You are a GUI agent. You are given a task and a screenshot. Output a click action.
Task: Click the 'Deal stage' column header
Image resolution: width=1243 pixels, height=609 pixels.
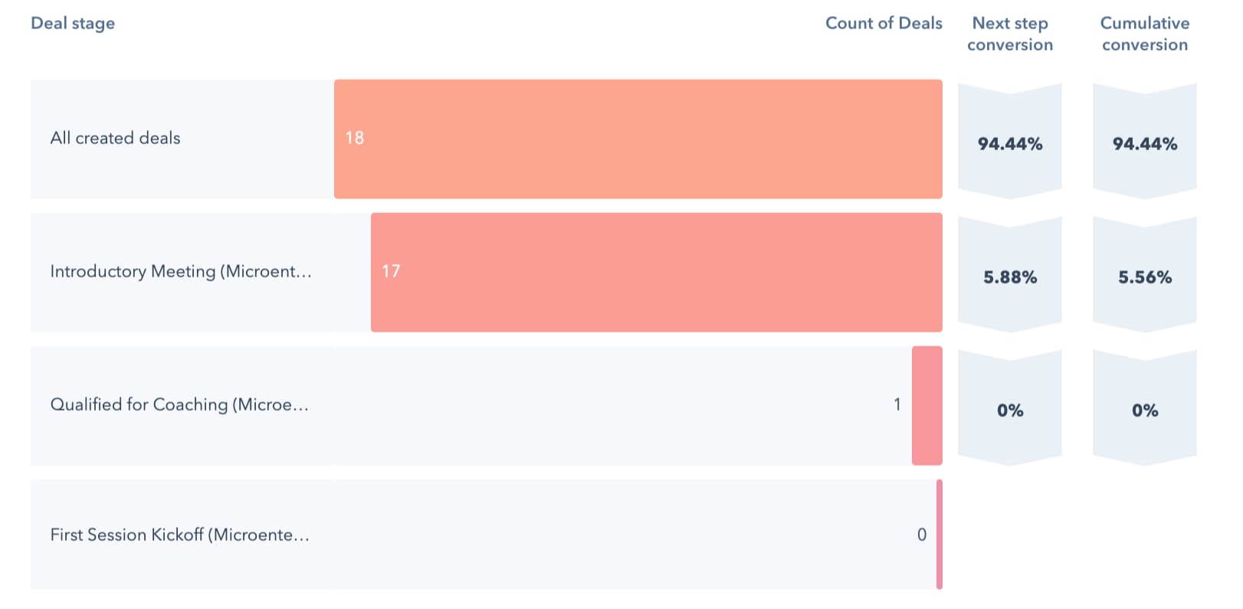(x=73, y=23)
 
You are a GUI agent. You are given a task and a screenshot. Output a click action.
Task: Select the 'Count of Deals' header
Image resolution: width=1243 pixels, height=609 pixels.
(x=883, y=23)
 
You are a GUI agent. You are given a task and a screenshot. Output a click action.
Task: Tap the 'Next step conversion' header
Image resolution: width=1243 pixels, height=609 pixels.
(x=1009, y=34)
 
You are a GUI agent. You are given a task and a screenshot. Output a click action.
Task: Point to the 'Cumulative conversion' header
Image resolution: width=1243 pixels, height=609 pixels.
(x=1144, y=34)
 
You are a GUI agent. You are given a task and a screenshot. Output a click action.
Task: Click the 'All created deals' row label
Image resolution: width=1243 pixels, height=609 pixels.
(x=115, y=138)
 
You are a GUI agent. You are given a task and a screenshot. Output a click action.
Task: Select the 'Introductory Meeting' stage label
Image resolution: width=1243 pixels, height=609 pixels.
(x=181, y=271)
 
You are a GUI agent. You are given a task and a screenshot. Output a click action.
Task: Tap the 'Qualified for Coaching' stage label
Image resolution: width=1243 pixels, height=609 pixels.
(x=179, y=404)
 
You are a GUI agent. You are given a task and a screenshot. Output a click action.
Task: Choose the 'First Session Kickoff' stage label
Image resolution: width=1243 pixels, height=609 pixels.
(x=179, y=535)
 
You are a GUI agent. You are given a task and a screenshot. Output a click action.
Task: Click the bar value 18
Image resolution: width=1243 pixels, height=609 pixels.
(x=354, y=138)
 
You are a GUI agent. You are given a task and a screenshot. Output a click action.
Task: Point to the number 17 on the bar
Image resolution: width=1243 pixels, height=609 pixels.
(x=391, y=271)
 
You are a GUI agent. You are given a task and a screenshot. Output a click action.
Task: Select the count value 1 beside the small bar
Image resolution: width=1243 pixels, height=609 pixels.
(x=897, y=404)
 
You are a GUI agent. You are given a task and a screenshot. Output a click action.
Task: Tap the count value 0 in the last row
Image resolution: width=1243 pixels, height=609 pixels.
(x=921, y=535)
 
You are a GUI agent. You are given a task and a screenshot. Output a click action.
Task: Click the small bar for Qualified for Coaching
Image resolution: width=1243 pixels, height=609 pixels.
(x=927, y=405)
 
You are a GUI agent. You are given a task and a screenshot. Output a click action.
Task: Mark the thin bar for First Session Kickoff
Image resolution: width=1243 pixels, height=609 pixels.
(x=939, y=534)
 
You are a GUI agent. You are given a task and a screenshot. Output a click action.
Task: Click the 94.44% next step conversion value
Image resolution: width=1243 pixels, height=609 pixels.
(x=1009, y=144)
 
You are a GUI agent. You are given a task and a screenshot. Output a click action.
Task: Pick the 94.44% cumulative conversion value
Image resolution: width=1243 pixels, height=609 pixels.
(x=1144, y=144)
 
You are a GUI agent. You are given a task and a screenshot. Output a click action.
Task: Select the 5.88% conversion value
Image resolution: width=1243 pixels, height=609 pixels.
(x=1009, y=277)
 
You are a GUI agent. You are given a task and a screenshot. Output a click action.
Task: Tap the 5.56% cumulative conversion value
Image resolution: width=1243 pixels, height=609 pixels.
(x=1144, y=277)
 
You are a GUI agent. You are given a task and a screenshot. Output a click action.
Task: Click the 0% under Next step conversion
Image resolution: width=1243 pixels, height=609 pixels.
(x=1009, y=411)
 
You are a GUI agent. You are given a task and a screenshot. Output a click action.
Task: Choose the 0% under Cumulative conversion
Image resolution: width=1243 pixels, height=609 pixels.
(x=1144, y=411)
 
